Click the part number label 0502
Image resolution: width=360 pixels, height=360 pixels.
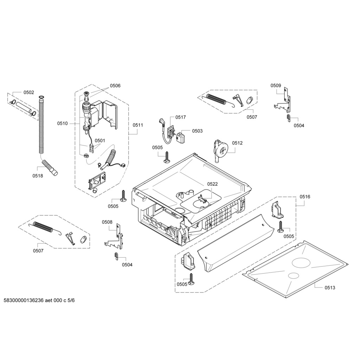click(29, 92)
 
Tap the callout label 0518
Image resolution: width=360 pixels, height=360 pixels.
click(38, 176)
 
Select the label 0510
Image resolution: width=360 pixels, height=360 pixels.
click(63, 123)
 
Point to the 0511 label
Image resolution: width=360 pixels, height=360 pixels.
click(138, 125)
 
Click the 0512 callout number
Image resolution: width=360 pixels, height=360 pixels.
click(237, 143)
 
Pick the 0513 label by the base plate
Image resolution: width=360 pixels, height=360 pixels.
click(330, 288)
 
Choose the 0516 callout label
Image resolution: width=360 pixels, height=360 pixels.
click(305, 197)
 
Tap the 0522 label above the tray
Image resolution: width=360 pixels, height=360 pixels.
click(212, 184)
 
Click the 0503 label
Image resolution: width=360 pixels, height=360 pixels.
click(198, 131)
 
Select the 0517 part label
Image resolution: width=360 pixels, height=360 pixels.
click(181, 117)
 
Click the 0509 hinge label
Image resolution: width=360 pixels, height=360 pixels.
click(276, 86)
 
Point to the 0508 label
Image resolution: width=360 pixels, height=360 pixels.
click(107, 222)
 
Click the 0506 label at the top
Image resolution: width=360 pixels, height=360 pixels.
click(115, 86)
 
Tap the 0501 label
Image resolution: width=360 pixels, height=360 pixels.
click(100, 141)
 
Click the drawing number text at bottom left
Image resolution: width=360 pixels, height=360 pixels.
click(39, 300)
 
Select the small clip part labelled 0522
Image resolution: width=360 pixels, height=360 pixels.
click(202, 199)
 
